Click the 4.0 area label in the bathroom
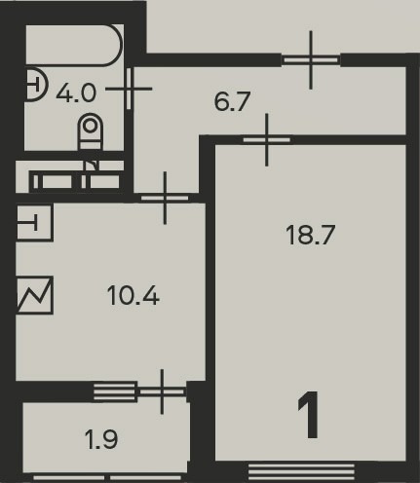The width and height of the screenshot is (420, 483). (x=76, y=93)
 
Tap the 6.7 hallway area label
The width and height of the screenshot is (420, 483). (x=232, y=101)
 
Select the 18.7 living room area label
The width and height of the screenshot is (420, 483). (x=310, y=235)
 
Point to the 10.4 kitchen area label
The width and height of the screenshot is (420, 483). (x=134, y=296)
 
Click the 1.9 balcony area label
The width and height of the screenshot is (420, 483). (x=101, y=439)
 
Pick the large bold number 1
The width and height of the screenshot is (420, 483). (x=309, y=415)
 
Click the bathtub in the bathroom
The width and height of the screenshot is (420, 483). (x=74, y=45)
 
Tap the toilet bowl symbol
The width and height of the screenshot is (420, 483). (x=90, y=131)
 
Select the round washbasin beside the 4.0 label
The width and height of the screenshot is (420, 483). (x=36, y=86)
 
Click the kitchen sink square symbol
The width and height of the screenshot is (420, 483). (x=34, y=222)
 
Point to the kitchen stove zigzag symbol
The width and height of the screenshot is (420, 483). (x=34, y=295)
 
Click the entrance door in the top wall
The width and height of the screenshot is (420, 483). (x=311, y=60)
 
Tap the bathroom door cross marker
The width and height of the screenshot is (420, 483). (x=129, y=89)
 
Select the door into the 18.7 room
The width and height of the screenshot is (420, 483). (x=267, y=140)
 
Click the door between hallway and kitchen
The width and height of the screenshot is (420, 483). (x=165, y=198)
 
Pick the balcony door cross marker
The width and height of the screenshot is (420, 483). (x=162, y=391)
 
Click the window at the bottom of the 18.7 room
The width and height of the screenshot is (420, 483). (x=301, y=471)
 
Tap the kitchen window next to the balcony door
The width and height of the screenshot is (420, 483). (x=115, y=391)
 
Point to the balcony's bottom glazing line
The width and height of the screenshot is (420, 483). (x=107, y=478)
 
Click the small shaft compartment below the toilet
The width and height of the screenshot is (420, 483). (x=76, y=181)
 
